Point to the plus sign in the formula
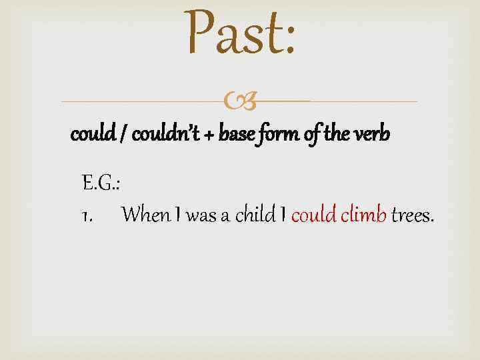[211, 137]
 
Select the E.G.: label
[101, 183]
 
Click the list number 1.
[86, 215]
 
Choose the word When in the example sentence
[147, 215]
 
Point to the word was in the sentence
[198, 215]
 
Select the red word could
[314, 215]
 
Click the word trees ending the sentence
[412, 215]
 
